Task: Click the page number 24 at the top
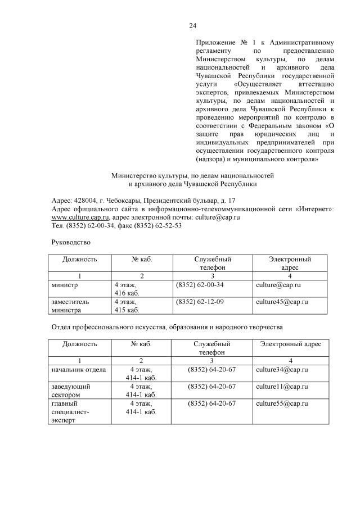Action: pos(192,26)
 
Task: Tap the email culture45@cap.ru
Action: pos(282,302)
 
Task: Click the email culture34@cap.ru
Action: pos(282,370)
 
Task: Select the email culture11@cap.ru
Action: pos(282,387)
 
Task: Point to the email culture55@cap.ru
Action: pos(282,403)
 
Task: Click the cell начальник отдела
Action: pos(79,370)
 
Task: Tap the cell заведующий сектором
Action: pos(71,391)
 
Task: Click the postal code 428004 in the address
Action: pos(79,200)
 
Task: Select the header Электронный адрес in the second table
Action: pos(290,343)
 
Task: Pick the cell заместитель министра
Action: pos(71,306)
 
